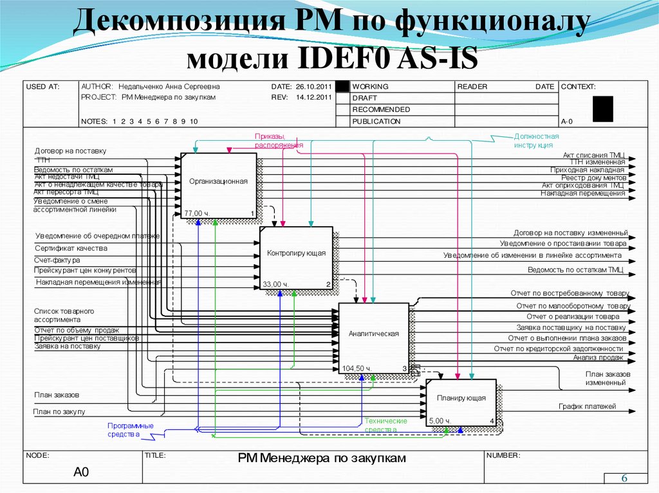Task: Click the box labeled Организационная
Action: (218, 182)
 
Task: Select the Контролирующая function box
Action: (296, 253)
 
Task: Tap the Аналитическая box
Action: (374, 334)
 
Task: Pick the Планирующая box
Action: (461, 399)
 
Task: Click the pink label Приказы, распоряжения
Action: (278, 141)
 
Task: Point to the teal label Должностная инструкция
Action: (536, 141)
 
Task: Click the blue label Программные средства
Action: (130, 430)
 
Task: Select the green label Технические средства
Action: (385, 425)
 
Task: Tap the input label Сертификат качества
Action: (71, 248)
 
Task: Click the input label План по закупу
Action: (60, 411)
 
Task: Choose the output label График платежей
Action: (587, 406)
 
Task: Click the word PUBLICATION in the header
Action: (376, 121)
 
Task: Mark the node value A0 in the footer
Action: (80, 472)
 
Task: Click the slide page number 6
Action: (624, 479)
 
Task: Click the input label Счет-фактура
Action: (58, 260)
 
